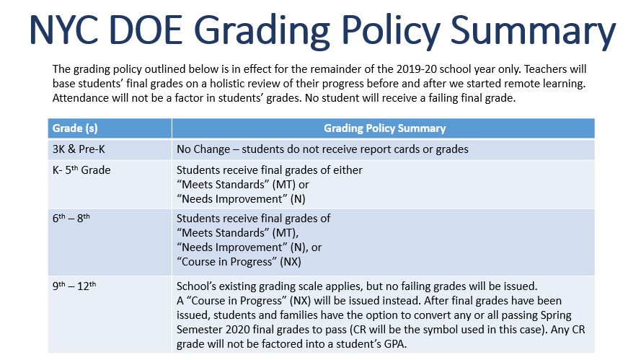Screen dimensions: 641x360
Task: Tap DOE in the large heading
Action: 146,30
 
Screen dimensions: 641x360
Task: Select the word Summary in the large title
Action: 533,32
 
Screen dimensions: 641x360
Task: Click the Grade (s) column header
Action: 75,128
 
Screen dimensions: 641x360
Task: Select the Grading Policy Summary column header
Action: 385,128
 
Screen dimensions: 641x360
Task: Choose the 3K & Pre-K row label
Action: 79,149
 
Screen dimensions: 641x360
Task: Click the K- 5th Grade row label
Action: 81,170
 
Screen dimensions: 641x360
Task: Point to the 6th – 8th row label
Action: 71,218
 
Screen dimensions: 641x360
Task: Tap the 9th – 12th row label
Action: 74,286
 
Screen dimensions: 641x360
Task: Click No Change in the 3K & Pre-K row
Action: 203,149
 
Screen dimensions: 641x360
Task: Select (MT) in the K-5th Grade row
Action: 284,185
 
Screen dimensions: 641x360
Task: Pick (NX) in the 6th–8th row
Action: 291,262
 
